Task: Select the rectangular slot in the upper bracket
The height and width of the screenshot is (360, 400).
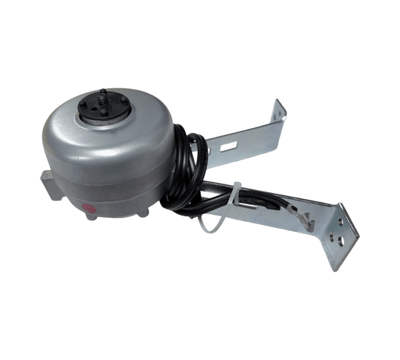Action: (228, 146)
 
